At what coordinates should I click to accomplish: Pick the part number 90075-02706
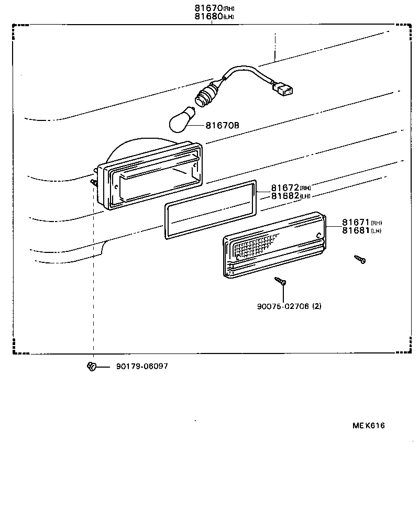(282, 306)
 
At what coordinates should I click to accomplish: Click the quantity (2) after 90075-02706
(317, 306)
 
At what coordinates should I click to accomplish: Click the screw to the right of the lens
(360, 259)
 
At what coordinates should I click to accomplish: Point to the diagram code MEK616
(368, 426)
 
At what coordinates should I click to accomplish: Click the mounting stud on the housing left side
(94, 181)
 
